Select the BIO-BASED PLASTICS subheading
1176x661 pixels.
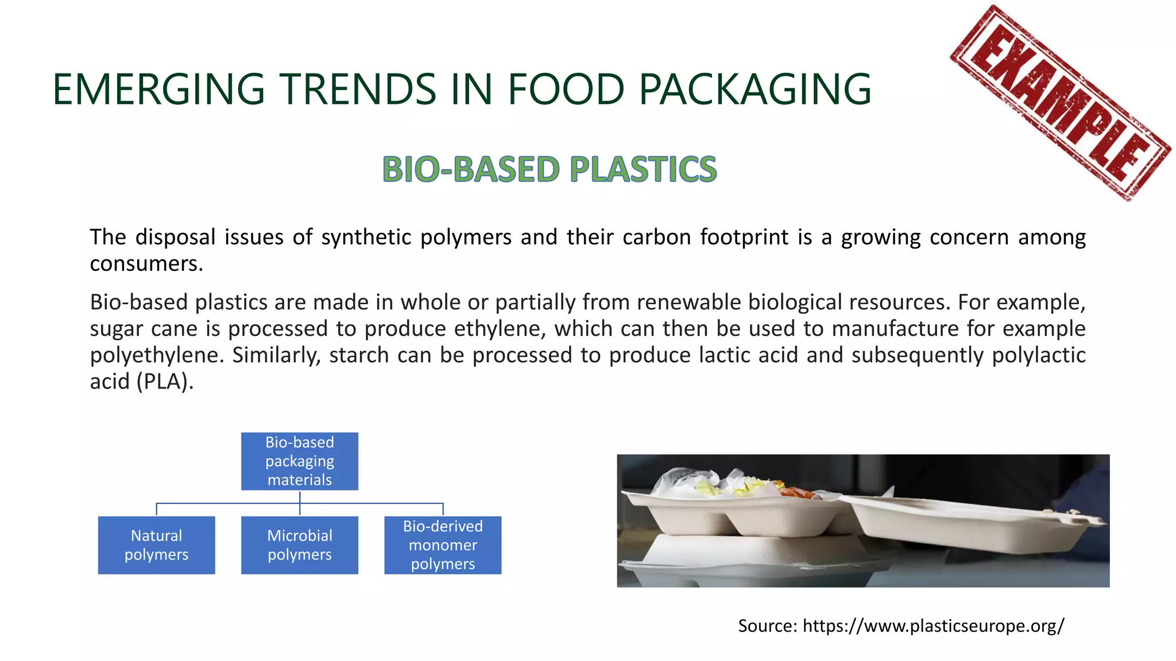click(550, 169)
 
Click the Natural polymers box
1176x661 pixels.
click(156, 545)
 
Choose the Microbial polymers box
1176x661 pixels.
click(299, 545)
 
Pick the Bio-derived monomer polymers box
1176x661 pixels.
click(443, 545)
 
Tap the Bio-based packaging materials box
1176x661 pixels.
click(299, 461)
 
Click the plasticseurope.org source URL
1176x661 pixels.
click(933, 625)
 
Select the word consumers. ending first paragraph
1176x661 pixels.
click(146, 264)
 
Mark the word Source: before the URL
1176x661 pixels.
click(767, 625)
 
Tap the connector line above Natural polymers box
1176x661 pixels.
click(156, 509)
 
